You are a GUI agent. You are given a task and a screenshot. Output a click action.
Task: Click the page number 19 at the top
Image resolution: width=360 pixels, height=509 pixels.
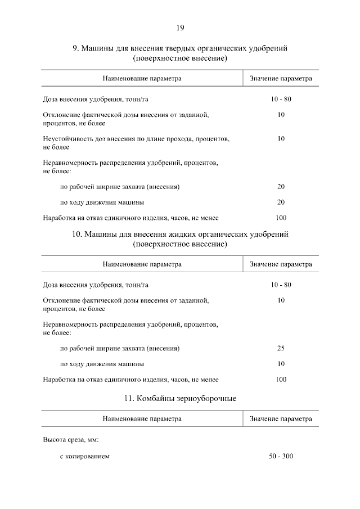(x=180, y=27)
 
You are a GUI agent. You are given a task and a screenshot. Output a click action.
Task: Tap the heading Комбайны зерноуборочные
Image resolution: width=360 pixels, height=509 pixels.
(x=179, y=398)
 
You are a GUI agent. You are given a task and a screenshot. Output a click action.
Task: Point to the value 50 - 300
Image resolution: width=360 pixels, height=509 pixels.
(x=281, y=456)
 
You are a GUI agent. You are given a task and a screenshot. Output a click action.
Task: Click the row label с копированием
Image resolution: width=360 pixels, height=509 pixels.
(x=84, y=456)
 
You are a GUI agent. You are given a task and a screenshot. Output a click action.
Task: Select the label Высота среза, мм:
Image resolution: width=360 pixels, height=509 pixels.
(x=70, y=440)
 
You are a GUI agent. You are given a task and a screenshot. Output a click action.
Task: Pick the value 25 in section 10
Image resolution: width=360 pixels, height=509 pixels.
(x=281, y=348)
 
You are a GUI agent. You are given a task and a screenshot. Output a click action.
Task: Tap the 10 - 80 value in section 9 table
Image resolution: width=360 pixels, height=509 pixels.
(x=281, y=99)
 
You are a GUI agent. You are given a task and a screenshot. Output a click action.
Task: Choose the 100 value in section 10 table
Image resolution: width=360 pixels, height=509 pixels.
(x=281, y=380)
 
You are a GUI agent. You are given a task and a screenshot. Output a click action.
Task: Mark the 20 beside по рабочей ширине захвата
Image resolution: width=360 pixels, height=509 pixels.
(x=281, y=186)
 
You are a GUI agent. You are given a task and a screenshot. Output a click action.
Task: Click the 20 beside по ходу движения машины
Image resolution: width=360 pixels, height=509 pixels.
(x=281, y=202)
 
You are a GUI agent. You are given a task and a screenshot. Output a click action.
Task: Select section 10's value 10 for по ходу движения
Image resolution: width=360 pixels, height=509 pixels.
(x=281, y=364)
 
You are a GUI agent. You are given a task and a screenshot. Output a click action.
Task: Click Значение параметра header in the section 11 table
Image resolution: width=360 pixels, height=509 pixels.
(x=281, y=419)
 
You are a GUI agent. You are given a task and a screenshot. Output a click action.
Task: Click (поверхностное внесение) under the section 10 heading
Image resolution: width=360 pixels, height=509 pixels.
(x=180, y=244)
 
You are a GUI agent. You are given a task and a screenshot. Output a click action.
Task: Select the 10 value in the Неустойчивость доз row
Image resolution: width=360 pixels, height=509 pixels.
(x=281, y=138)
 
